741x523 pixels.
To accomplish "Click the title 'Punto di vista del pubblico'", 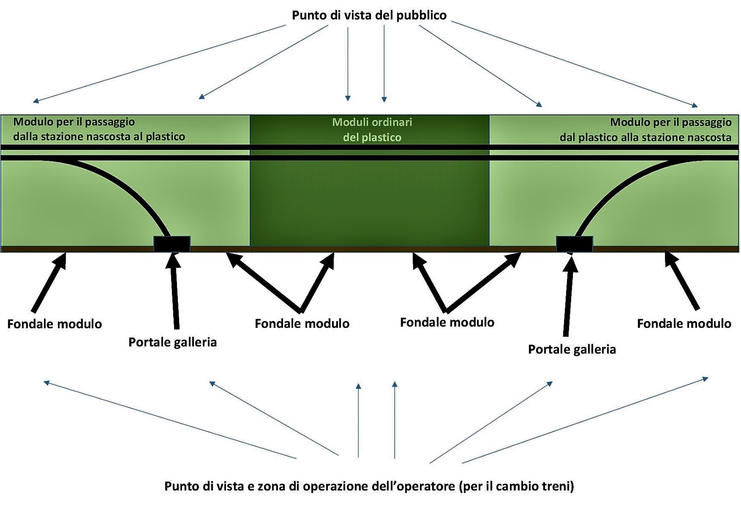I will click(x=369, y=15).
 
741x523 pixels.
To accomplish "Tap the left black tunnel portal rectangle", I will click(x=172, y=244).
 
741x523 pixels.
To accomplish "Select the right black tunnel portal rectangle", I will click(x=574, y=244).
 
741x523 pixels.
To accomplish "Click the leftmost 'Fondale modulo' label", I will click(x=55, y=324).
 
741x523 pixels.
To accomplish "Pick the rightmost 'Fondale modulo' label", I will click(x=684, y=323).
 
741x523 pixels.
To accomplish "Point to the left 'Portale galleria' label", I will click(x=172, y=342).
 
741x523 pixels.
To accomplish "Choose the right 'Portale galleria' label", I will click(x=572, y=349).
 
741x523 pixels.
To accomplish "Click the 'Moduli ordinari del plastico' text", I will click(x=372, y=130).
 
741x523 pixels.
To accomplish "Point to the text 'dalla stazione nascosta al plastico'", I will click(x=99, y=137).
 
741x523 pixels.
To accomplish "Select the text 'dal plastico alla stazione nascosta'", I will click(x=645, y=138).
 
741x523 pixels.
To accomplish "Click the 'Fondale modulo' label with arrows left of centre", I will click(x=302, y=323).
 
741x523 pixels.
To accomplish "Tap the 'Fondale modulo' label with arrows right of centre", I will click(x=447, y=322).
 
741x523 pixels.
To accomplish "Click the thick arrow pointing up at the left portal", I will click(x=175, y=292).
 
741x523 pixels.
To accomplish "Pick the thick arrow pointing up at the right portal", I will click(x=568, y=296).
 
